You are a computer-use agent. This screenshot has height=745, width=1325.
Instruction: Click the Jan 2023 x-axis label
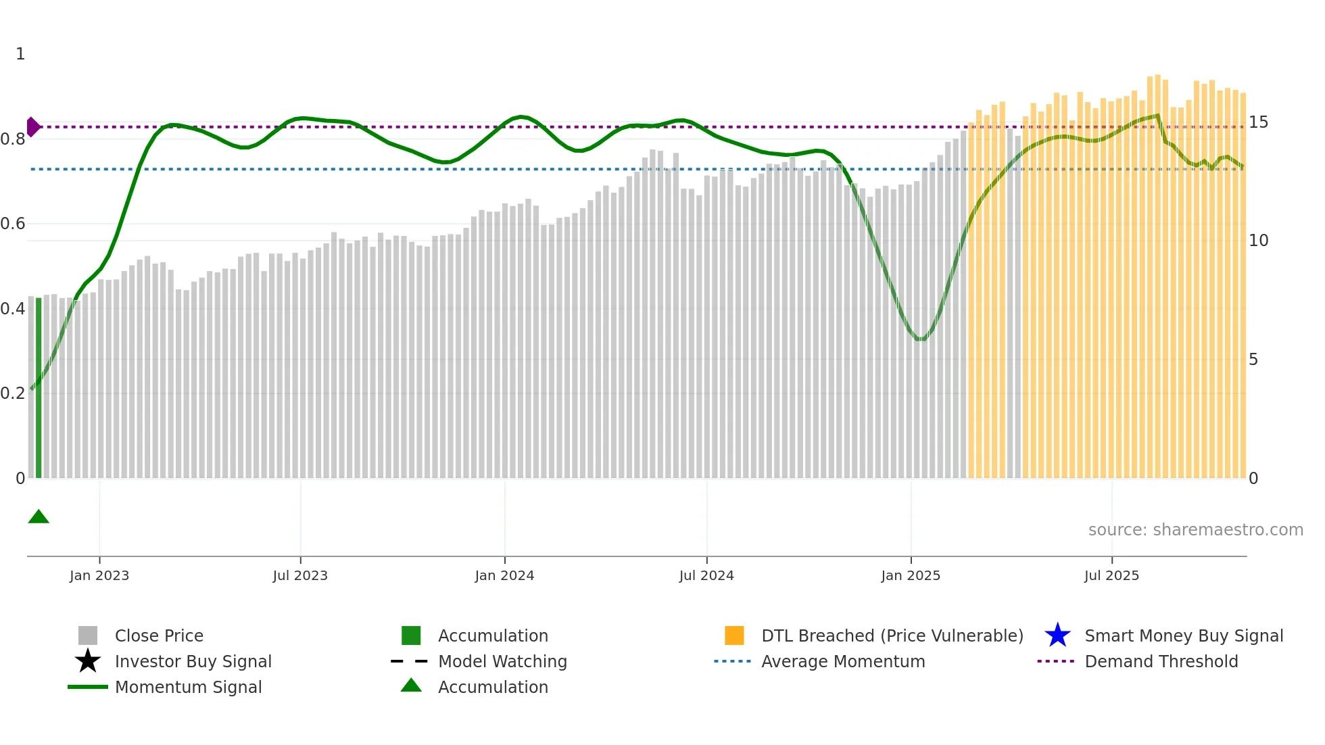point(99,575)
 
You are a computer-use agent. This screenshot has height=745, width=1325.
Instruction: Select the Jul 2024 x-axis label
point(706,575)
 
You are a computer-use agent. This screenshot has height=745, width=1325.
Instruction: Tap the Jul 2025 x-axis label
point(1111,575)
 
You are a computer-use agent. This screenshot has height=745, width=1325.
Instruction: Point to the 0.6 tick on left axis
point(14,224)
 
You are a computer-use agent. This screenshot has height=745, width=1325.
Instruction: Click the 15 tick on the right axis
point(1258,122)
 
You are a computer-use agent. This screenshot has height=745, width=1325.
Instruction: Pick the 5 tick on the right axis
point(1253,360)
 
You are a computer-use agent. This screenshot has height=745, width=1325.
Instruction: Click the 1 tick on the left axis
point(20,54)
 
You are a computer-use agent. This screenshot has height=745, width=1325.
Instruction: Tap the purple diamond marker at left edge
point(32,127)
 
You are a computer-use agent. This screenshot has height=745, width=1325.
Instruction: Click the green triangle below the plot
point(39,517)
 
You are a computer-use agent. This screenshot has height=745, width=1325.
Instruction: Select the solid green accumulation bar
point(39,389)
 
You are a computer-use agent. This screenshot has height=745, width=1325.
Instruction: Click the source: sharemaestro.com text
point(1195,530)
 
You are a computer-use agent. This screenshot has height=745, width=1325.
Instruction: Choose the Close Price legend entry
point(159,636)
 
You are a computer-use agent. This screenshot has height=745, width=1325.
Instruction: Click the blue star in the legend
point(1057,635)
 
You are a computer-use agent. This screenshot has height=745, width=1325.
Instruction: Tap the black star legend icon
point(88,661)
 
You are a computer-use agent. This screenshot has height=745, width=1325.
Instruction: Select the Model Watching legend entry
point(502,662)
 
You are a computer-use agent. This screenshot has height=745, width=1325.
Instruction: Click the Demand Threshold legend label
point(1161,662)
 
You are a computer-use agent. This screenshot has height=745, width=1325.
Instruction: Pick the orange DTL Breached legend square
point(734,635)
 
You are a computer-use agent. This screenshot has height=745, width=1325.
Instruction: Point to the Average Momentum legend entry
point(843,662)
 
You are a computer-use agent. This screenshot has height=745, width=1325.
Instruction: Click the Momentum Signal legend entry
point(188,688)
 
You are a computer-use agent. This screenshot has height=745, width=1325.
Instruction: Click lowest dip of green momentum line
point(920,339)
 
